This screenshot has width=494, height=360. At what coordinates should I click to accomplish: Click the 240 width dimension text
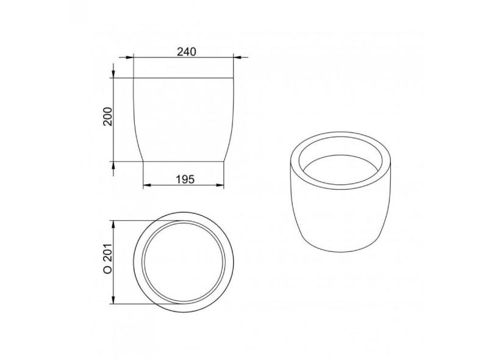pyautogui.click(x=186, y=52)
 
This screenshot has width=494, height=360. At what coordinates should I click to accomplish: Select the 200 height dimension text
pyautogui.click(x=108, y=117)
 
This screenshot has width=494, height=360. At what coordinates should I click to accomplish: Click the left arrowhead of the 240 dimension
pyautogui.click(x=130, y=57)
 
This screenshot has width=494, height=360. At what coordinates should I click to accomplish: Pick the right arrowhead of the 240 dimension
pyautogui.click(x=238, y=57)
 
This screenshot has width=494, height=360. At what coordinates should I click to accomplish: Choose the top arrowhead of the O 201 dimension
pyautogui.click(x=113, y=223)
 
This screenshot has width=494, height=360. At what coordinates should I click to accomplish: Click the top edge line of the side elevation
pyautogui.click(x=184, y=77)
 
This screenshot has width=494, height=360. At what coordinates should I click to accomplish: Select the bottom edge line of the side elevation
pyautogui.click(x=184, y=162)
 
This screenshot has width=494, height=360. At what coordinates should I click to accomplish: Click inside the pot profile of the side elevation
pyautogui.click(x=184, y=120)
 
